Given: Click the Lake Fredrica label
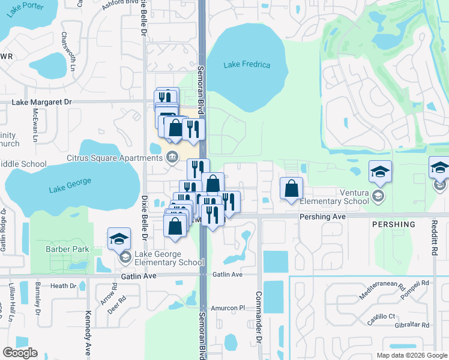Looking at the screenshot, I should pos(247,65).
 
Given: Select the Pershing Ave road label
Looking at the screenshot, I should pos(323,215).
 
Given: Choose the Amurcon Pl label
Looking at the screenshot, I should pos(230,307).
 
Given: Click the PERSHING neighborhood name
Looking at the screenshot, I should pos(393,224).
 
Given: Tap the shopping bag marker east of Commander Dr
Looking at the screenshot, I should pos(291,188).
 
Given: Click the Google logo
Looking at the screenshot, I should pos(20,353).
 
